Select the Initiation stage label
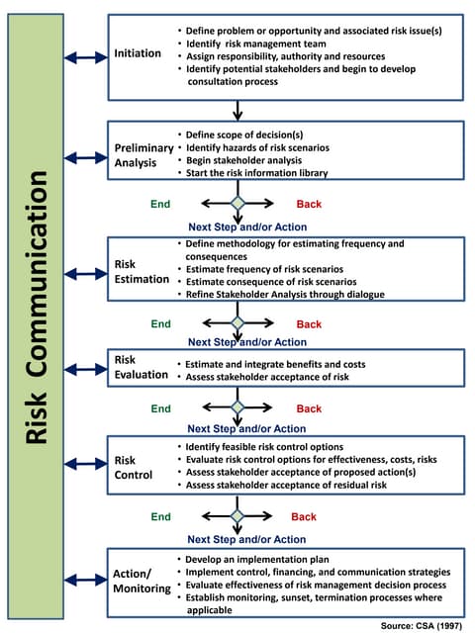[138, 52]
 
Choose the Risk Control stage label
[134, 468]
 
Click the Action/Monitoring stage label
[139, 580]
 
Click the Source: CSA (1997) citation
[422, 625]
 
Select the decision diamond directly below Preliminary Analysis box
[237, 204]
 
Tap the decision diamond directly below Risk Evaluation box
[237, 407]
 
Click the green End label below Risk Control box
[160, 516]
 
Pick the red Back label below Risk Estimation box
[309, 324]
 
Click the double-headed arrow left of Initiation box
[86, 58]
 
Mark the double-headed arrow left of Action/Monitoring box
[86, 579]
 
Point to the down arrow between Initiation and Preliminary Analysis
[237, 110]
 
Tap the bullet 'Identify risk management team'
[262, 45]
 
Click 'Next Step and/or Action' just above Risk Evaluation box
[247, 342]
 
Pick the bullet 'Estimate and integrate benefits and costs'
[275, 364]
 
